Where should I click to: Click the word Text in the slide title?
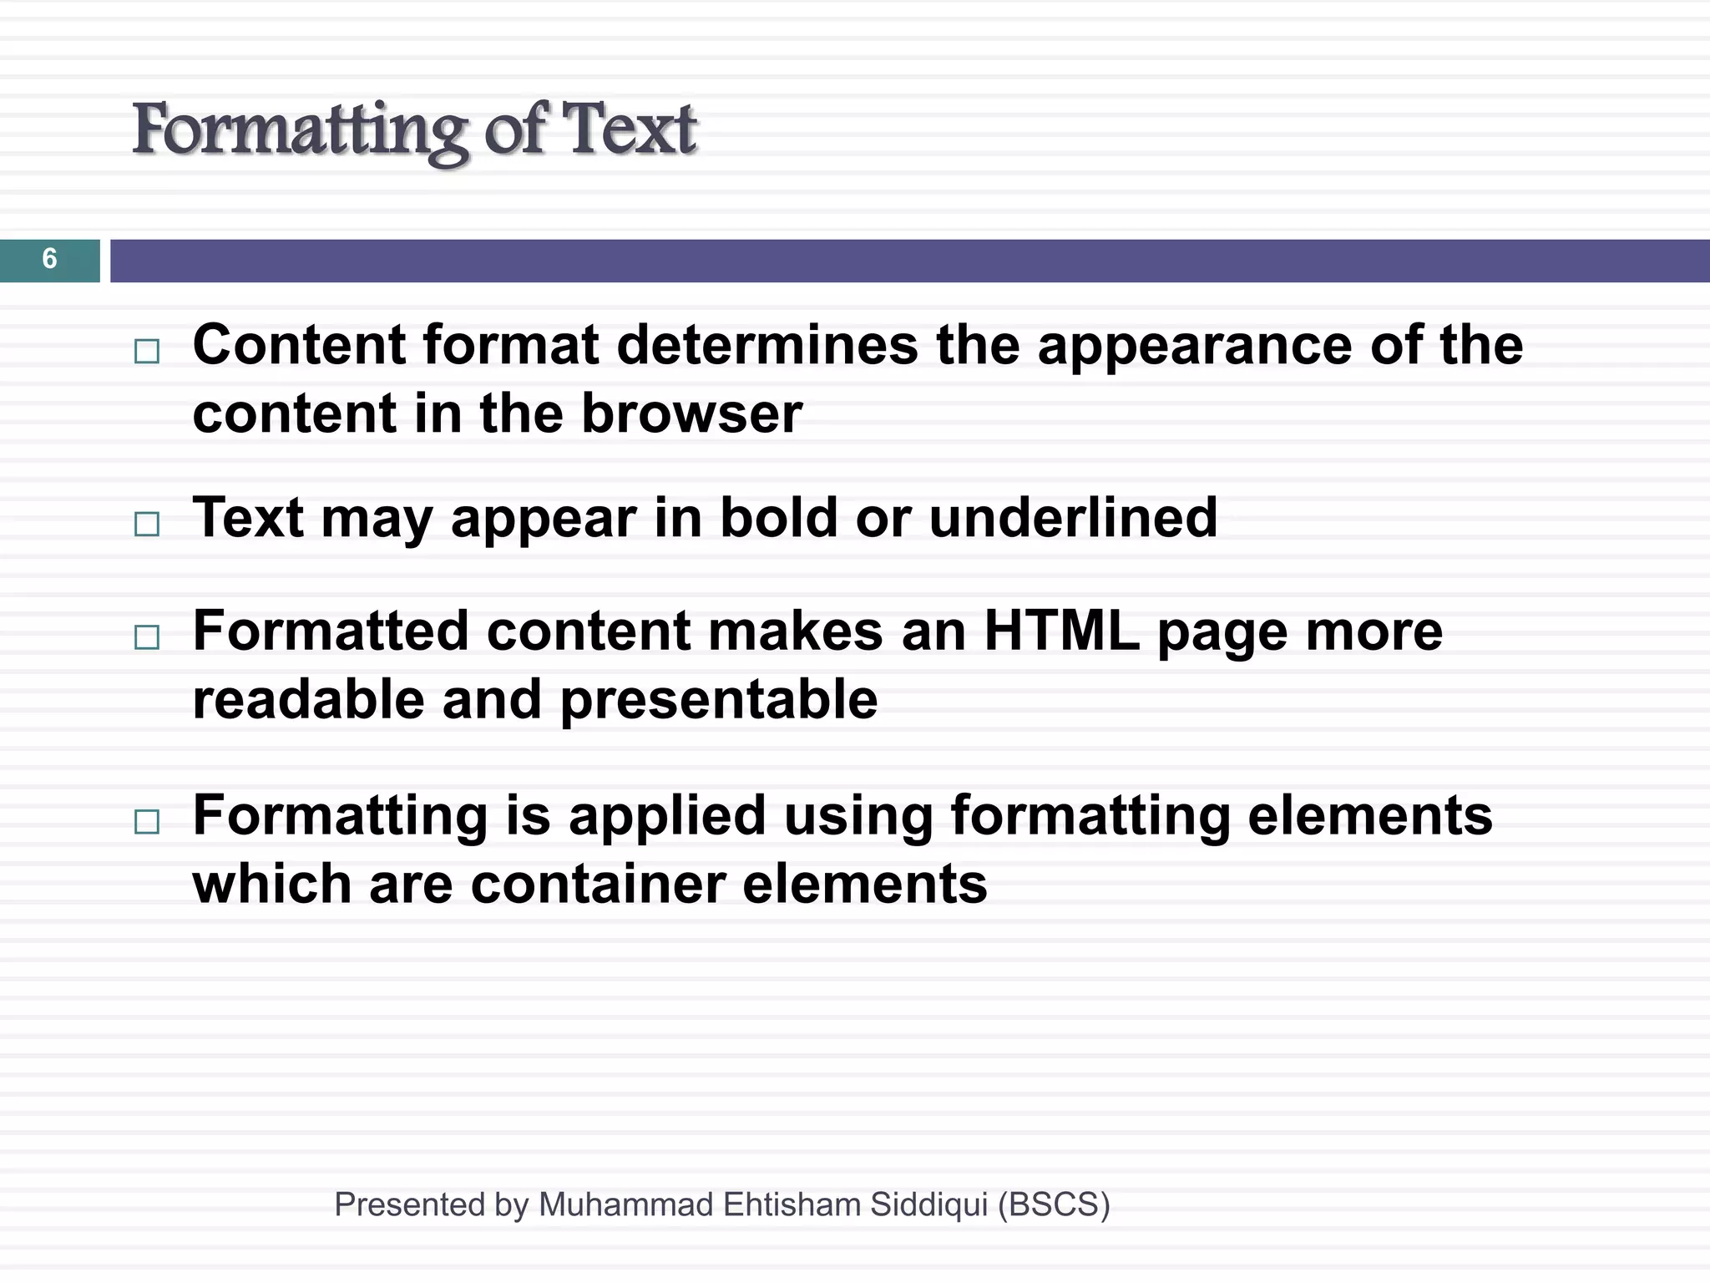point(628,130)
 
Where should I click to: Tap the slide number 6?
point(49,259)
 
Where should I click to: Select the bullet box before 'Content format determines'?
point(147,351)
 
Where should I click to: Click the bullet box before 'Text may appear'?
point(147,524)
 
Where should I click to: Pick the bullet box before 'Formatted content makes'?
point(147,637)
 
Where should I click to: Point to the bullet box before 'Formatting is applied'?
point(147,822)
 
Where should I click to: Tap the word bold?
point(778,518)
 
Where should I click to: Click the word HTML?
point(1061,631)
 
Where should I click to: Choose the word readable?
point(308,700)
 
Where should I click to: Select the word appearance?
point(1194,346)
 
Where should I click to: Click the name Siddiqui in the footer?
point(928,1204)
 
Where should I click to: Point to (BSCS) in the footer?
point(1054,1204)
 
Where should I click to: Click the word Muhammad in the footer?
point(625,1204)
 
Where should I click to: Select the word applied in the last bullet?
point(667,817)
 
